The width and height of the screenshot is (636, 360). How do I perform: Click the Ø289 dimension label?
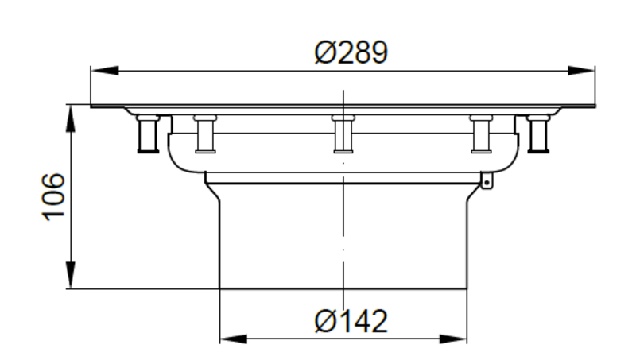[x=351, y=52]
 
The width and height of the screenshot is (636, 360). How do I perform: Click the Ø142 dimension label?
[x=351, y=322]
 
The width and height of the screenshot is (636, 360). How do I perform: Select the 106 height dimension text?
[x=53, y=197]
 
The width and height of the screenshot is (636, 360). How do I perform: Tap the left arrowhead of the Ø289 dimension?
[x=105, y=71]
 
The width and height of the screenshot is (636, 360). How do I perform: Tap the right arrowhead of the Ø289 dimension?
[x=581, y=71]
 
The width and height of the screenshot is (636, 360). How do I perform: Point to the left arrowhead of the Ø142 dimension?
[x=234, y=339]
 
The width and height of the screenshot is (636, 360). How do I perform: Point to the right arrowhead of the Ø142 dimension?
[x=453, y=339]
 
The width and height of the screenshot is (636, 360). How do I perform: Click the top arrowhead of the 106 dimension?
[x=71, y=118]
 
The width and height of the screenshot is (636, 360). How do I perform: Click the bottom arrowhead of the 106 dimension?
[x=71, y=275]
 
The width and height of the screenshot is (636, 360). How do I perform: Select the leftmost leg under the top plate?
[x=148, y=134]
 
